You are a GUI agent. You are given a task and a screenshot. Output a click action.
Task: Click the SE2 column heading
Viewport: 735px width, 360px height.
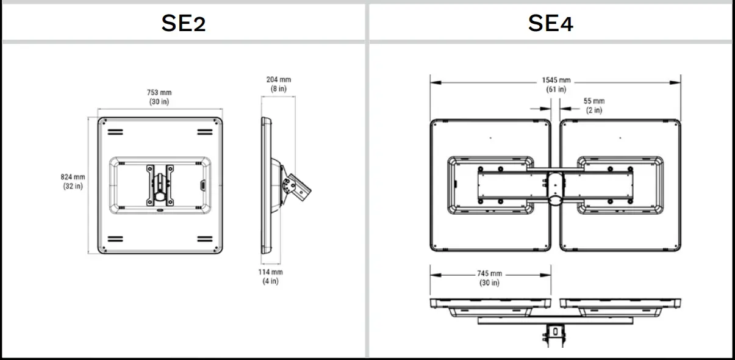coord(184,23)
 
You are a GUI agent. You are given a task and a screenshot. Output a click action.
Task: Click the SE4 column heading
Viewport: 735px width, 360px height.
coord(551,23)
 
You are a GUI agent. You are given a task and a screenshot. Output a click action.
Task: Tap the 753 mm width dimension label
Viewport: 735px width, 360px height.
coord(159,93)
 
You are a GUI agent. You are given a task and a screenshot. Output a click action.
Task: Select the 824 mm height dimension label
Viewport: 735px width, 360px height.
coord(73,177)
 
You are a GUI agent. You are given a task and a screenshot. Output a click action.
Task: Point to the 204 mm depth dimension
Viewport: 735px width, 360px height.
coord(278,79)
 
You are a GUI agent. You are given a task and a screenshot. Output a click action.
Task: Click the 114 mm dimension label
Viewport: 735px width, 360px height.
coord(270,272)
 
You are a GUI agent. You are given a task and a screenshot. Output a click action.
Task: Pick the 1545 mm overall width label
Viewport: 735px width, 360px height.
coord(556,81)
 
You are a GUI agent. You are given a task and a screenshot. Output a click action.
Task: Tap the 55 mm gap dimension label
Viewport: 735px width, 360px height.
coord(593,101)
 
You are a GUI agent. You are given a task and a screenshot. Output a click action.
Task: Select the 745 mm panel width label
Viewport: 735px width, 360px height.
coord(490,274)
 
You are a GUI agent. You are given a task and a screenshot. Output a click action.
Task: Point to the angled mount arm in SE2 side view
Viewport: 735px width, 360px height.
coord(299,186)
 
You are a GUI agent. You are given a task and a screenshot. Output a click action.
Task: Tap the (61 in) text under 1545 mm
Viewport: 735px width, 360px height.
coord(556,90)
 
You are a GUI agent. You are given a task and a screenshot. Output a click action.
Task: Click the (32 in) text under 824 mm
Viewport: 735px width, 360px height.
coord(73,186)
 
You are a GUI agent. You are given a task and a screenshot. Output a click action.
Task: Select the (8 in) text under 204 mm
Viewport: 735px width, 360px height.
coord(278,88)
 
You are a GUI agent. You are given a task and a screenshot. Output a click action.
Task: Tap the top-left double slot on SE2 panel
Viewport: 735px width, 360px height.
coord(115,132)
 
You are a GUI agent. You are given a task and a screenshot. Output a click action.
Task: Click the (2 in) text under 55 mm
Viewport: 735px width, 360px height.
coord(593,110)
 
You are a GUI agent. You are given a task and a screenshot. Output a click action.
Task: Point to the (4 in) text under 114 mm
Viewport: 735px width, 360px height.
coord(270,281)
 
